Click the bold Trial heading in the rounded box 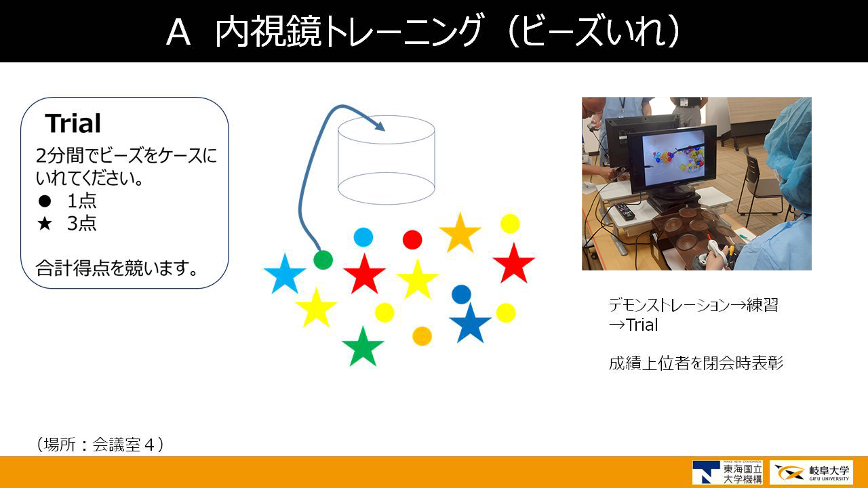pos(73,123)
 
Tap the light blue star pos(285,274)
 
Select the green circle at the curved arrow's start pos(323,260)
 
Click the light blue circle pos(363,237)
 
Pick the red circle pos(412,240)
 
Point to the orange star pos(460,234)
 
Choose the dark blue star pos(470,324)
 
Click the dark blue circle pos(461,294)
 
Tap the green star pos(363,347)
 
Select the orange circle pos(422,335)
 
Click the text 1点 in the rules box pos(82,201)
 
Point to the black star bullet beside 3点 pos(45,224)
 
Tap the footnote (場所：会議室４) pos(100,444)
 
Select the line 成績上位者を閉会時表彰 pos(696,363)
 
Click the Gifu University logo pos(811,472)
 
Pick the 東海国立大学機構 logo pos(728,472)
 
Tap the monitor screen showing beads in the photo pos(672,157)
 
